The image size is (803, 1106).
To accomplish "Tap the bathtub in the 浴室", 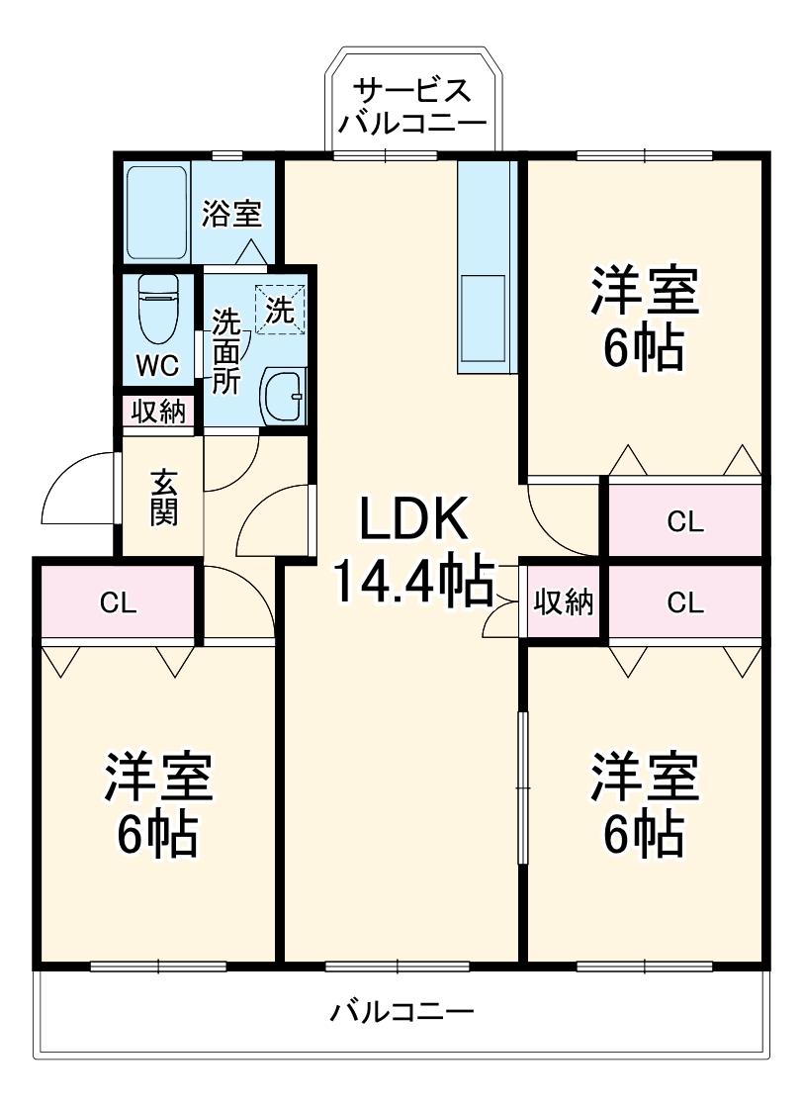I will (x=156, y=212).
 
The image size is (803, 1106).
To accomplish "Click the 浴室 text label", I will (x=231, y=215).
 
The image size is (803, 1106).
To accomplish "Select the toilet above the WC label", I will (x=158, y=308).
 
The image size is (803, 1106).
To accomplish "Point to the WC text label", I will (x=158, y=366).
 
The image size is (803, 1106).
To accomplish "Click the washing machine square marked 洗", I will (x=281, y=311).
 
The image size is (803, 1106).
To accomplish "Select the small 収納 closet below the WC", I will (x=158, y=412).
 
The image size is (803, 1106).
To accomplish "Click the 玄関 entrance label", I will (x=163, y=499).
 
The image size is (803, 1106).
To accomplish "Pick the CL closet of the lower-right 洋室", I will (x=684, y=602).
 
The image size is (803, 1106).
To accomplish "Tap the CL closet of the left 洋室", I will (x=118, y=602).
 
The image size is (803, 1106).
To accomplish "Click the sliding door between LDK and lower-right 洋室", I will (x=522, y=786).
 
